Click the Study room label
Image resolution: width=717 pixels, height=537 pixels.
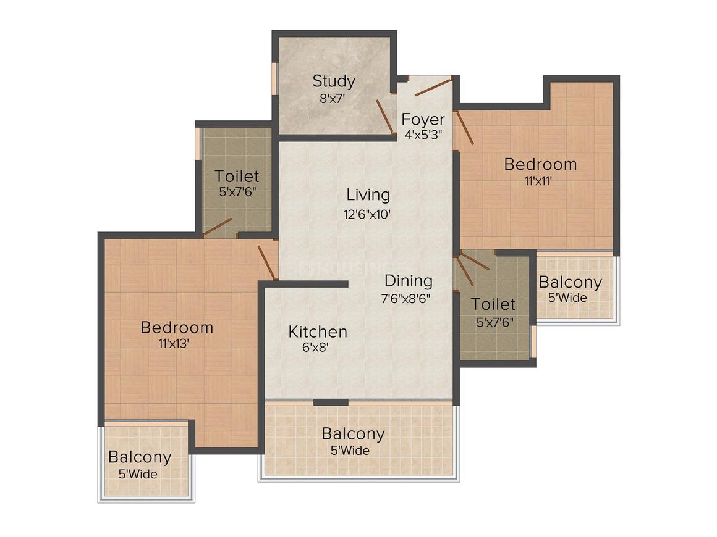click(334, 81)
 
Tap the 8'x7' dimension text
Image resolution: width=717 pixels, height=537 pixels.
click(332, 98)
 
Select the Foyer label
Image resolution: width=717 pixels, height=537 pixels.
click(423, 119)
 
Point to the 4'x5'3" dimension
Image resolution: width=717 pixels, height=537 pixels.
click(423, 135)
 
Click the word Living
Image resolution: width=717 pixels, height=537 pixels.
click(368, 195)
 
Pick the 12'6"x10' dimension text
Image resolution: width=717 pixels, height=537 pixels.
click(367, 214)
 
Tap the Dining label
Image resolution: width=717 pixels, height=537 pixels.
click(409, 281)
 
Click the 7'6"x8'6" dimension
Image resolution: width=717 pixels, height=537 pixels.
click(406, 299)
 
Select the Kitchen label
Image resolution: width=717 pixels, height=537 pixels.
click(318, 331)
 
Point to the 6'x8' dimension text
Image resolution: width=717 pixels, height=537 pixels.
click(315, 348)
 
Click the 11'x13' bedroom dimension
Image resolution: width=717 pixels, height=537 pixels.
click(174, 343)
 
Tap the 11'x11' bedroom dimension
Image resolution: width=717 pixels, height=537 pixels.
click(538, 181)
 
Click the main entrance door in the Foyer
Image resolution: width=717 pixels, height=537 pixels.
click(433, 87)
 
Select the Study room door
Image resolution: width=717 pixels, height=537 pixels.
click(386, 117)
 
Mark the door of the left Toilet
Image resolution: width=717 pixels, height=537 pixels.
click(217, 227)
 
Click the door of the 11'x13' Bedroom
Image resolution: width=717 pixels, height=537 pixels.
click(268, 262)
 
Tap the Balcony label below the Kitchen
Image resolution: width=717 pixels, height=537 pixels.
click(353, 433)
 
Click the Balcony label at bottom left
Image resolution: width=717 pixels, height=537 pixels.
click(140, 457)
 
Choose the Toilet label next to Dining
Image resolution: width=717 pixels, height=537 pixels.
click(493, 304)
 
